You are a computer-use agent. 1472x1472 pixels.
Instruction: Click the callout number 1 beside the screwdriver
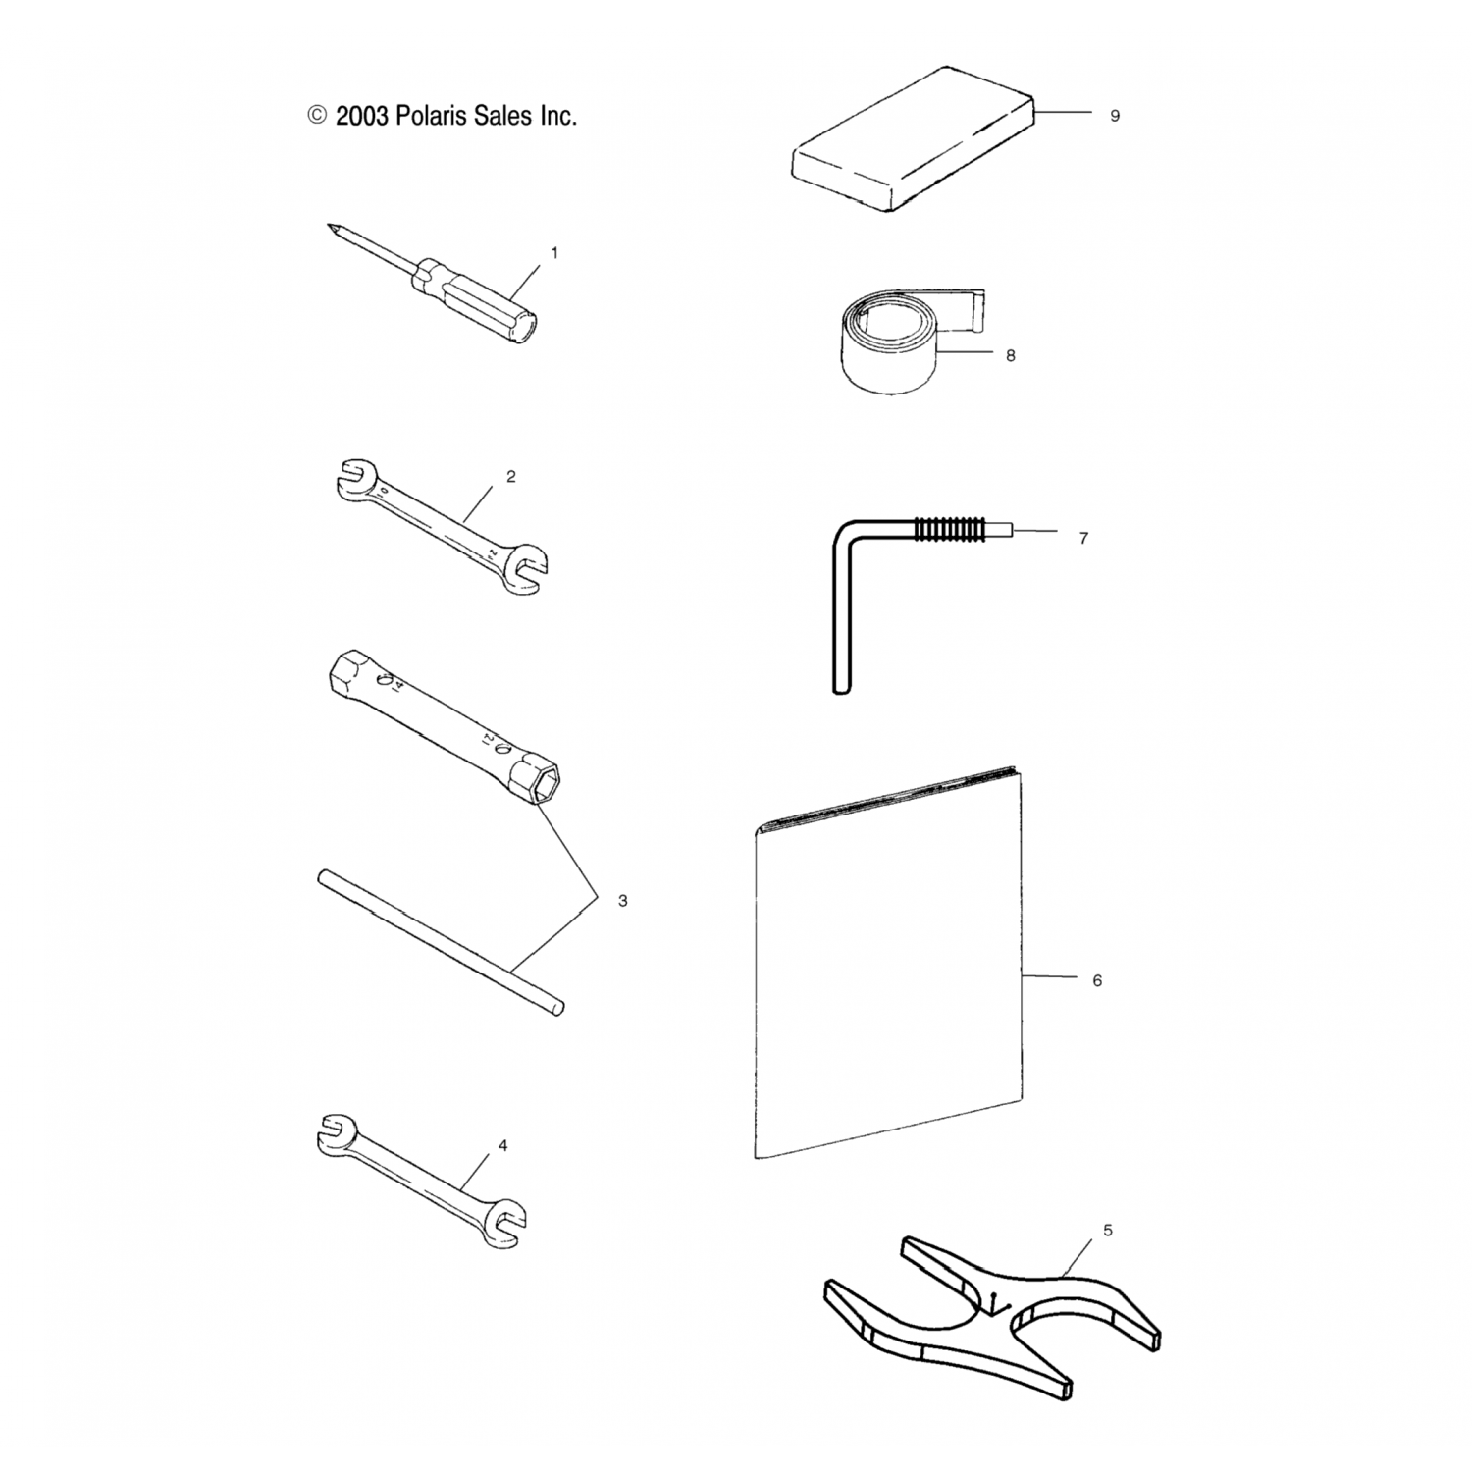coord(553,253)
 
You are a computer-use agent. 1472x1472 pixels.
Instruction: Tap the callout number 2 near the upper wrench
coord(510,477)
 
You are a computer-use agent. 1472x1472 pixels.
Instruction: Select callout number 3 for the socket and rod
coord(622,900)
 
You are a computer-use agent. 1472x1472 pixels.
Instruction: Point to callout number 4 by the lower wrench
coord(503,1145)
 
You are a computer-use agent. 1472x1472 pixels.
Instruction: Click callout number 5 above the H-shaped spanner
coord(1108,1231)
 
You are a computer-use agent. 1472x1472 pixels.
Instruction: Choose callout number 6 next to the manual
coord(1097,980)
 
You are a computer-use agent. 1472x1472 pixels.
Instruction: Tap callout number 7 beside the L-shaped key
coord(1083,538)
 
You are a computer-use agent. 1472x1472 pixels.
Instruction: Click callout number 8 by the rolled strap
coord(1011,355)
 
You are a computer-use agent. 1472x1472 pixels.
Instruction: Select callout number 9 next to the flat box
coord(1115,116)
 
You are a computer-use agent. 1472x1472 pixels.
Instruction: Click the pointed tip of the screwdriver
coord(328,226)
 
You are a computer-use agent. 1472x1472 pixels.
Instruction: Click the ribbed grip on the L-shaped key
coord(947,530)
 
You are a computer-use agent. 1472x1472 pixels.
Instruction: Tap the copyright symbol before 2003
coord(317,116)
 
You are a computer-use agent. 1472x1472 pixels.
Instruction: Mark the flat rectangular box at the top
coord(913,138)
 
